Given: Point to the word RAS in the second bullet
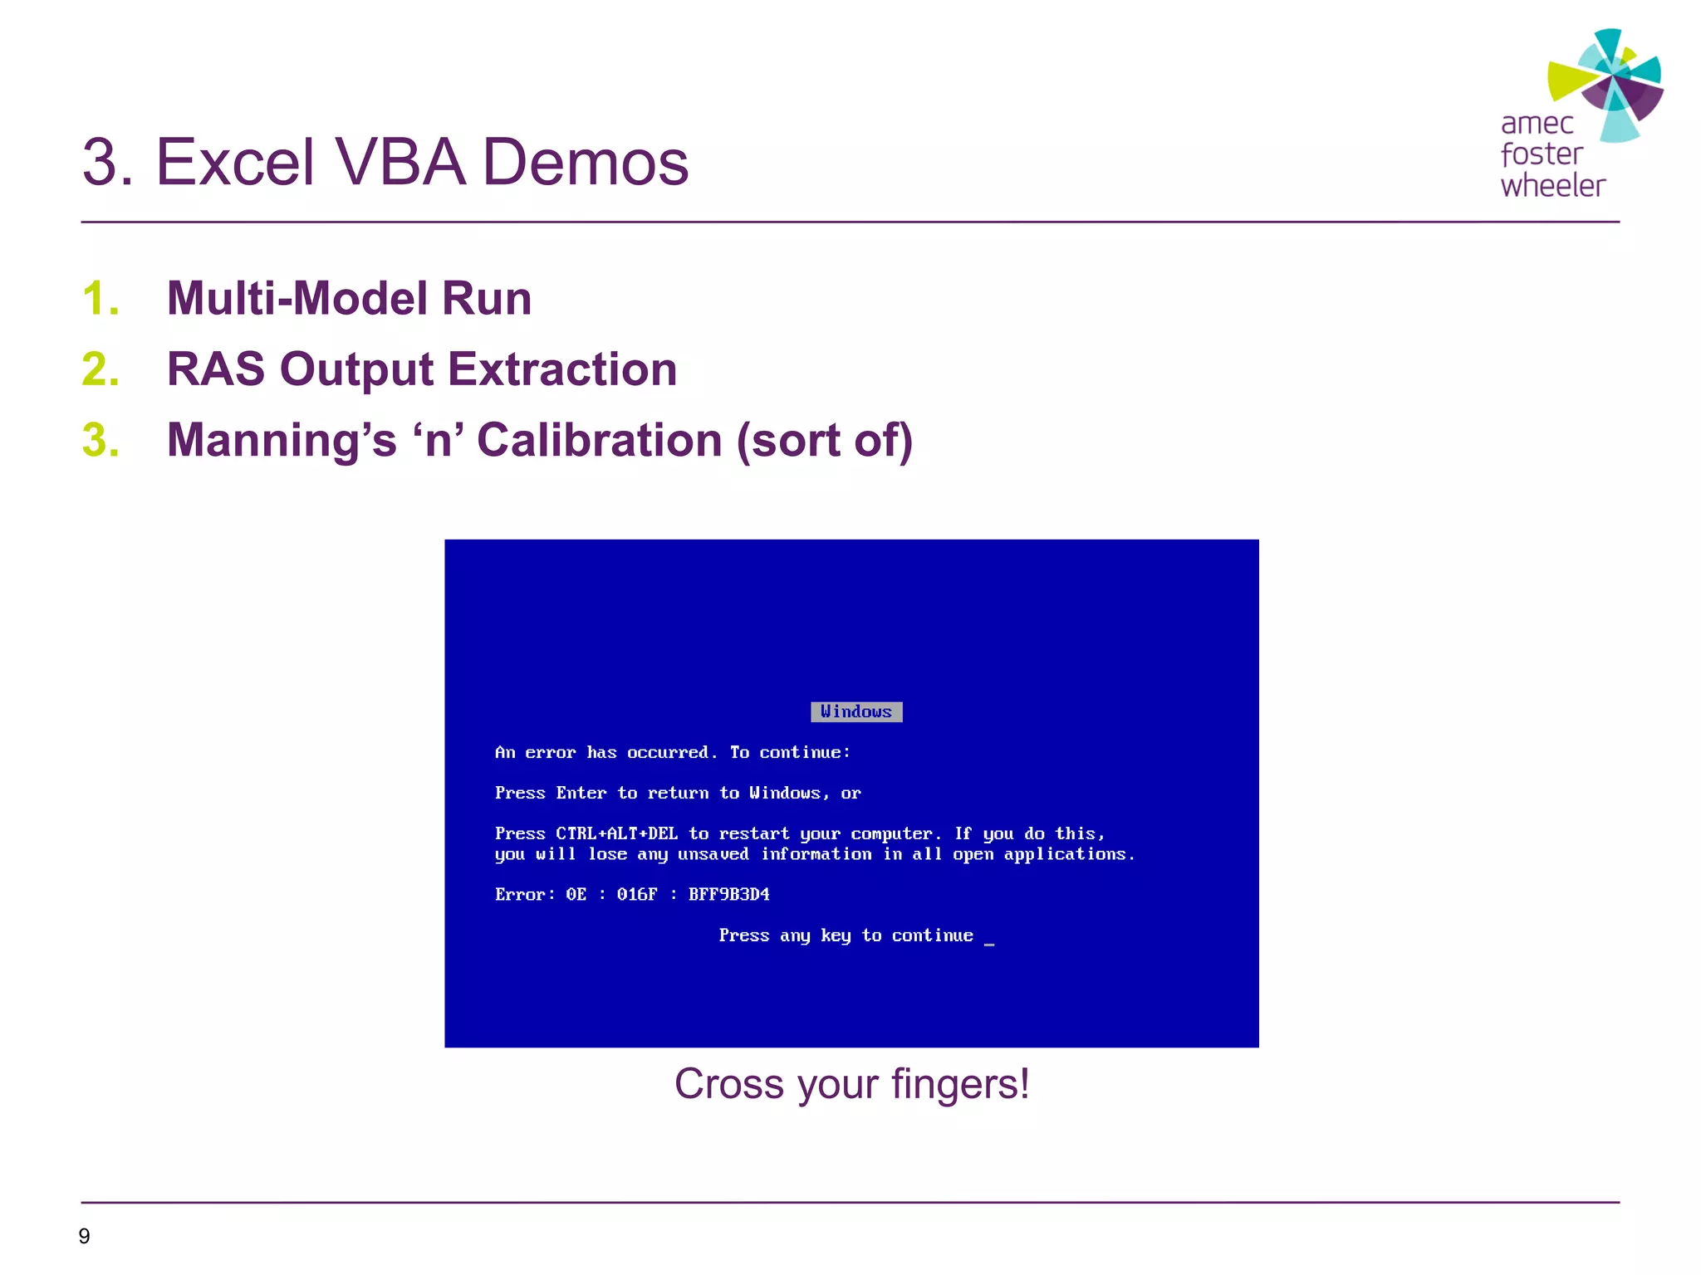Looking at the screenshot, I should (x=216, y=369).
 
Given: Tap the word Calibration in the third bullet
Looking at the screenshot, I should (x=599, y=440).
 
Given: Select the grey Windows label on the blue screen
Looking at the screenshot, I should (x=856, y=712).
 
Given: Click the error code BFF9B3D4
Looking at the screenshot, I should (x=728, y=895).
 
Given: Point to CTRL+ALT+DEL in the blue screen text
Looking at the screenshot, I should (x=616, y=833).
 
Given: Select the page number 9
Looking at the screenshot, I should (x=84, y=1236).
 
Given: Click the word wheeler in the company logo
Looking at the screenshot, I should (x=1552, y=186).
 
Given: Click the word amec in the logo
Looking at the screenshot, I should (x=1537, y=124).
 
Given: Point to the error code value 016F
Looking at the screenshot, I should (x=636, y=895).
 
